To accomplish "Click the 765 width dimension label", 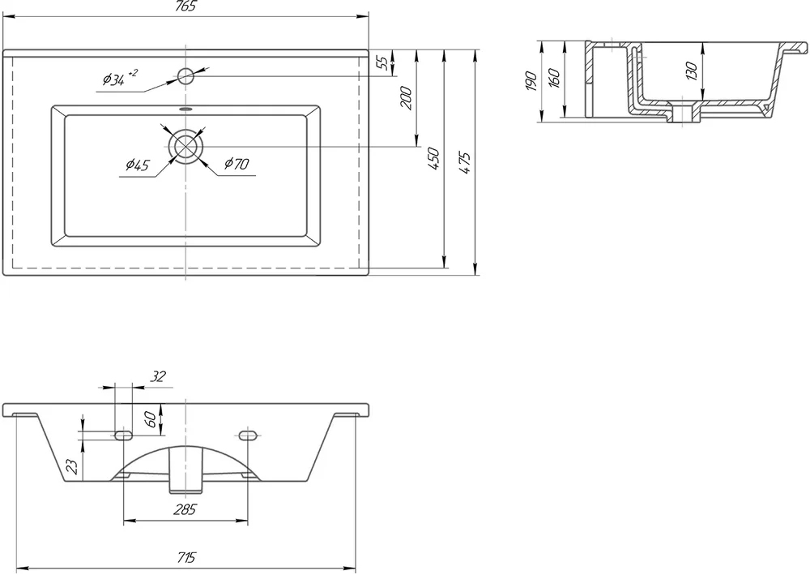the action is coord(186,6).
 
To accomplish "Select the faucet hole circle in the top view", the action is coord(185,76).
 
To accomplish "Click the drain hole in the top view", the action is coord(185,147).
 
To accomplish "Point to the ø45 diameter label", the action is coord(138,165).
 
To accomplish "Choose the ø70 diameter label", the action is coord(237,164).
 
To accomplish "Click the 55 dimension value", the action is coord(382,62).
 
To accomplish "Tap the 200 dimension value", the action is coord(407,98).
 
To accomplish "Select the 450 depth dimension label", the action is coord(433,159).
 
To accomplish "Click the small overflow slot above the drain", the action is coord(185,109).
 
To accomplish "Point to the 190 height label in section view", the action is coord(531,82).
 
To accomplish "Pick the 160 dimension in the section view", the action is coord(554,78).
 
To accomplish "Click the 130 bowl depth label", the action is coord(692,71).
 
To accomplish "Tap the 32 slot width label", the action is coord(158,376).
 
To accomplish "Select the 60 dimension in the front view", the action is coord(150,419).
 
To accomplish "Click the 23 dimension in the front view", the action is coord(74,467).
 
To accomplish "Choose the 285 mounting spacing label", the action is coord(185,510).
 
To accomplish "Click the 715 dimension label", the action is coord(186,558).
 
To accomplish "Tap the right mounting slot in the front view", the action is coord(248,436).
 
